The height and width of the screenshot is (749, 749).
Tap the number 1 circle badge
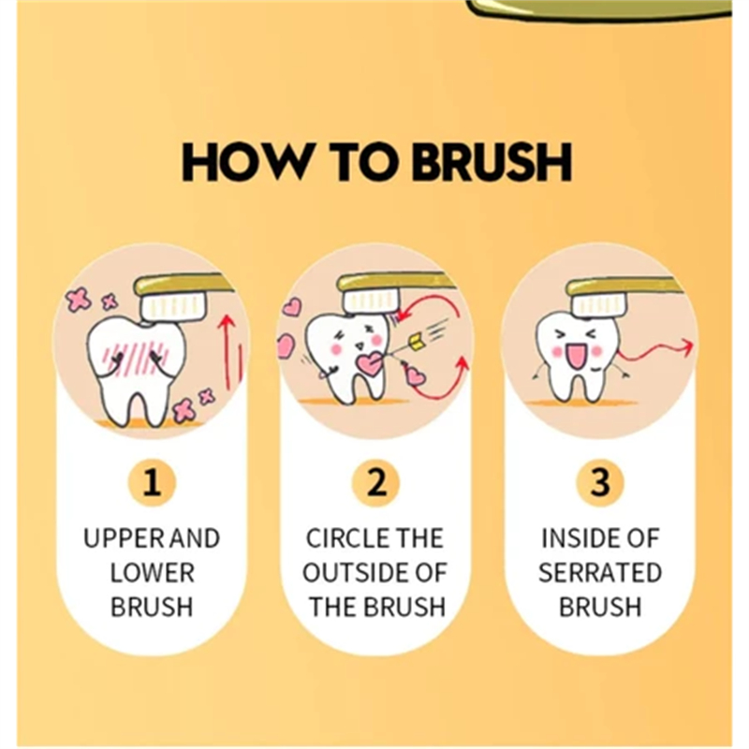[x=152, y=484]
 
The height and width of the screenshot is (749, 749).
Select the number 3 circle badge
[x=600, y=484]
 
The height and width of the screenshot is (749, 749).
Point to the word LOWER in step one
[x=152, y=572]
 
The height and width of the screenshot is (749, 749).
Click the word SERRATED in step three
[x=600, y=572]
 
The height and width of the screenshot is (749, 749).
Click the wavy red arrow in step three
[x=655, y=356]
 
